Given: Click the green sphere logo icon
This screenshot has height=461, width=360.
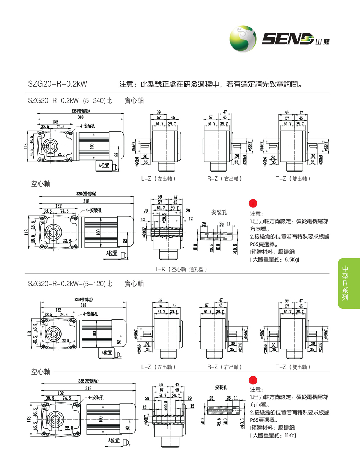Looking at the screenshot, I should [x=243, y=39].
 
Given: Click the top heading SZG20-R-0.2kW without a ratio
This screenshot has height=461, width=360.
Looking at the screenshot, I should [x=57, y=84].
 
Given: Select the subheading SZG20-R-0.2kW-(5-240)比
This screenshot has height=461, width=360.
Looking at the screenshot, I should [x=70, y=101].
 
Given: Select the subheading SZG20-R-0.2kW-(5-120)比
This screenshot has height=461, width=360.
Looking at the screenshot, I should [x=70, y=284].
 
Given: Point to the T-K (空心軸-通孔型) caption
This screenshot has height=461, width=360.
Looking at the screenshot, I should [x=181, y=269].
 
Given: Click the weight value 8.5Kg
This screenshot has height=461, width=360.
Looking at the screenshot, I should [x=292, y=259].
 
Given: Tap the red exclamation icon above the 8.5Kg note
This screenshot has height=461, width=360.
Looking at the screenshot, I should [x=253, y=203].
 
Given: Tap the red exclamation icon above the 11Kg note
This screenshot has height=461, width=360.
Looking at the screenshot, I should [x=253, y=380].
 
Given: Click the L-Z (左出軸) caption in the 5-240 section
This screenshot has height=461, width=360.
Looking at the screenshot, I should [x=158, y=178].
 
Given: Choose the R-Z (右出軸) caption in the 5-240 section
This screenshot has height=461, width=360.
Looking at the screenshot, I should [x=224, y=178].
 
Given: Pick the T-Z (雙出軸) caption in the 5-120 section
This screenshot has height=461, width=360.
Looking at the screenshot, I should [x=293, y=367].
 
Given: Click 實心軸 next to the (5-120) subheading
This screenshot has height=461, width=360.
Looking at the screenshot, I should [x=134, y=284].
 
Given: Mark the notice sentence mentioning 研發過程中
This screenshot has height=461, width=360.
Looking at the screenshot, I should [x=211, y=85].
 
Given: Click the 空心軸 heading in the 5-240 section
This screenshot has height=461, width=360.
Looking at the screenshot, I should [x=40, y=184].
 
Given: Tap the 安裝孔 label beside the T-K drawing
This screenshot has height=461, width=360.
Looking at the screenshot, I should [x=219, y=213].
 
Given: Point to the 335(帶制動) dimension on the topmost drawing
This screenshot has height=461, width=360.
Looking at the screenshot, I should [x=80, y=111].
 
